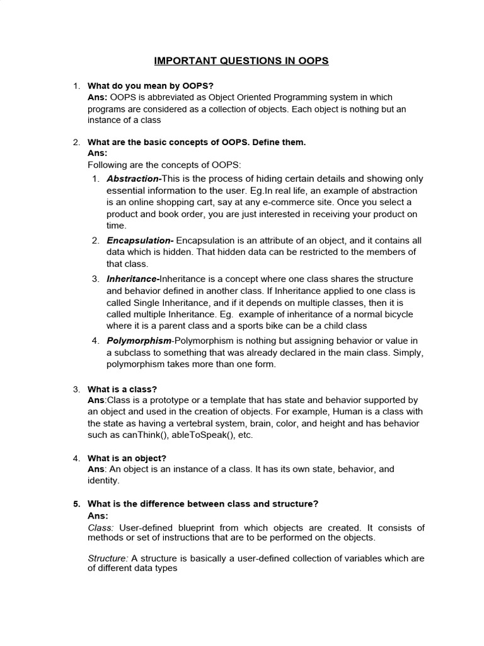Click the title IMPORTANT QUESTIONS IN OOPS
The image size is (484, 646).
click(242, 61)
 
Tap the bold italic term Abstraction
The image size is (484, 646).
click(133, 179)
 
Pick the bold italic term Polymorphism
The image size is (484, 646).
click(139, 341)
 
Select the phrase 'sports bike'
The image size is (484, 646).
click(265, 326)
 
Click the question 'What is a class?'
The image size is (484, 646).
click(122, 389)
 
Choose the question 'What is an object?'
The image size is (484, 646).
click(127, 458)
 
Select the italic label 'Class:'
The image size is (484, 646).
click(100, 527)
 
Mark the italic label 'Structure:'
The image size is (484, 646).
click(108, 558)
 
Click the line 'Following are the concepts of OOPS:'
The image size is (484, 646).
click(164, 165)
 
